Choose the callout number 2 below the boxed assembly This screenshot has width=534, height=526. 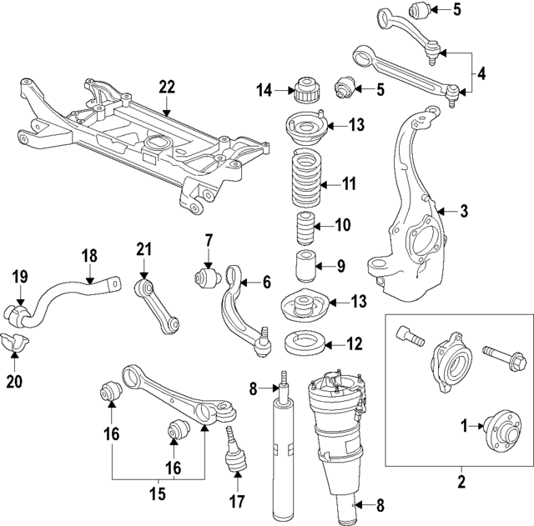coord(459,480)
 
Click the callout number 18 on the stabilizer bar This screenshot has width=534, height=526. coord(89,256)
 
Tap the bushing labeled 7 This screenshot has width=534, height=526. coord(205,276)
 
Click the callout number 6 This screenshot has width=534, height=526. coord(266,282)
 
